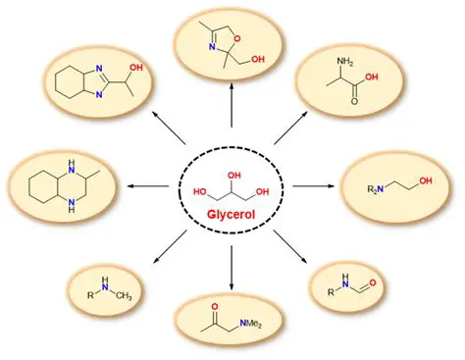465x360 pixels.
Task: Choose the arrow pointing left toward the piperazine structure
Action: (148, 183)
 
